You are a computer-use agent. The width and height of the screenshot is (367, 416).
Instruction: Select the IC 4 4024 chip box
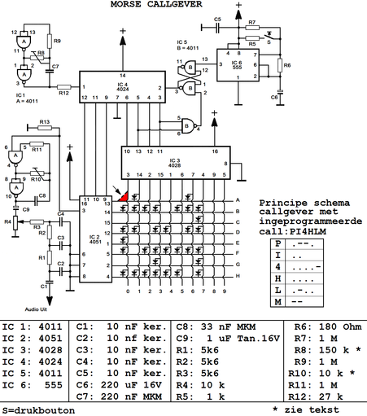123,87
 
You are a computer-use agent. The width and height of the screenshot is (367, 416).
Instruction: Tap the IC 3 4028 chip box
181,162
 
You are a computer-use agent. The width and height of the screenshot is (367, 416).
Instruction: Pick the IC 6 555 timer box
237,63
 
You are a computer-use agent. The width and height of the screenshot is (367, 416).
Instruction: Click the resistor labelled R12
63,85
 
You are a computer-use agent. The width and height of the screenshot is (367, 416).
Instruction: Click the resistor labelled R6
280,65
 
